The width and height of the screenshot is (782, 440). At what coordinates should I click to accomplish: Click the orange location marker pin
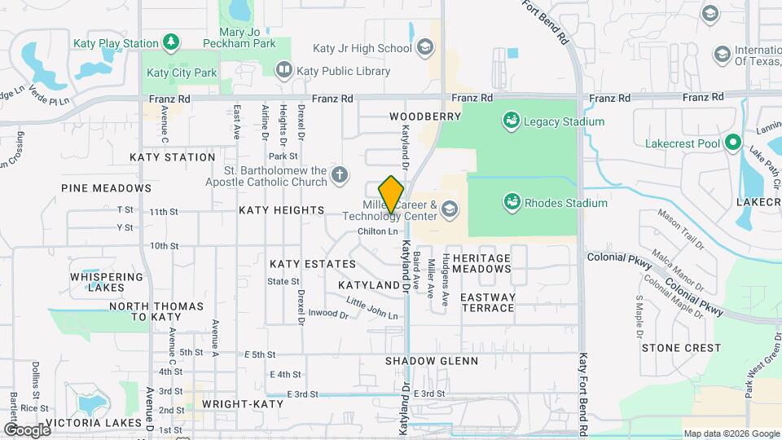[392, 194]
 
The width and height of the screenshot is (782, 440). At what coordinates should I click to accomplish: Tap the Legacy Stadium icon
[512, 121]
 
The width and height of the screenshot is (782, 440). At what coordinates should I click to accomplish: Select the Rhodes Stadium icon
[512, 201]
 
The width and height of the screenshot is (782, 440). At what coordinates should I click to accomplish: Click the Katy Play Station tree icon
[170, 42]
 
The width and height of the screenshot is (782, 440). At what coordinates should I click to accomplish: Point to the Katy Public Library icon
[283, 71]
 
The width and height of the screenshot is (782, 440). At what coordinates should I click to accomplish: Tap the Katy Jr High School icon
[424, 48]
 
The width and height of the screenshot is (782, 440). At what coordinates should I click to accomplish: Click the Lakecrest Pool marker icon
[732, 143]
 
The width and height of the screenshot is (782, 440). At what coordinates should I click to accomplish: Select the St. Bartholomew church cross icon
[339, 174]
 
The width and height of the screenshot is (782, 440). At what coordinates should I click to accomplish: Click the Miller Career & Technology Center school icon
[448, 210]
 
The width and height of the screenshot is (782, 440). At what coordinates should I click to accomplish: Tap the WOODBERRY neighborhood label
[425, 117]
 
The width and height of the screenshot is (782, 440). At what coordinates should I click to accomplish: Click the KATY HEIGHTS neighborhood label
[281, 210]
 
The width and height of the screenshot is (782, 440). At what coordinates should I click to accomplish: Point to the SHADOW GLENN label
[432, 360]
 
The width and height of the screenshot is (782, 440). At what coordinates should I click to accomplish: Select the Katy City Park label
[182, 73]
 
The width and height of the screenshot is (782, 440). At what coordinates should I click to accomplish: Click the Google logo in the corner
[26, 429]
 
